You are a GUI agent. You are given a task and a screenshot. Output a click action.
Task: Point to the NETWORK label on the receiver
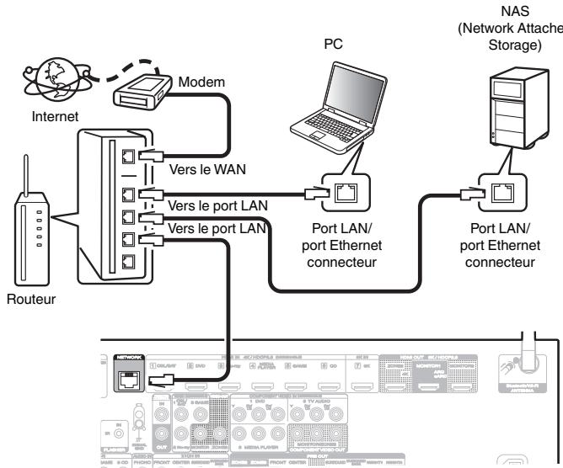[129, 357]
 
